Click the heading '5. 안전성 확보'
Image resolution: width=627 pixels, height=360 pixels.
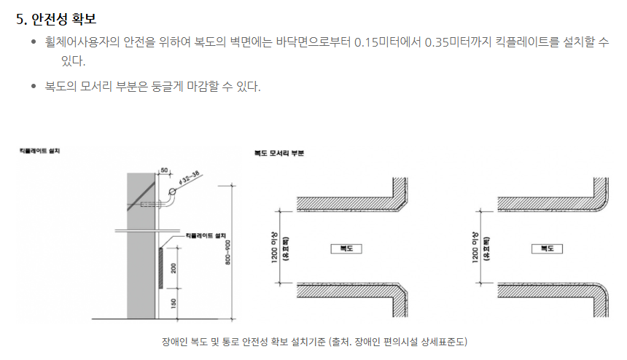[55, 19]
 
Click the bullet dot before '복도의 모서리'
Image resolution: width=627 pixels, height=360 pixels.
[34, 87]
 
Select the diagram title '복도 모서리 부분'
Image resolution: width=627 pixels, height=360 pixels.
[279, 154]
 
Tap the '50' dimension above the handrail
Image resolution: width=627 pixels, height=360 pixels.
[164, 170]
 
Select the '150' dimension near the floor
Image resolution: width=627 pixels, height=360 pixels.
[173, 302]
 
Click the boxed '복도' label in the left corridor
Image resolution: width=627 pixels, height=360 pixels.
[345, 249]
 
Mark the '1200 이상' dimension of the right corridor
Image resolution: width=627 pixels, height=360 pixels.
[475, 247]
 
